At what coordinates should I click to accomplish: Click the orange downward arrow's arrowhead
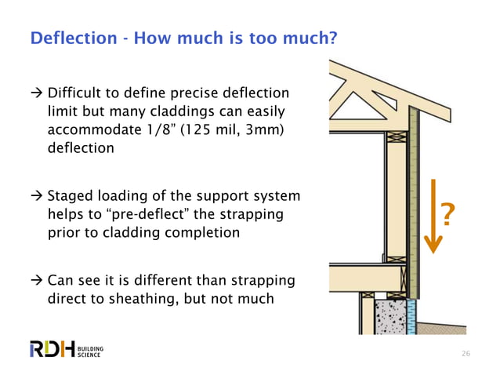pos(434,244)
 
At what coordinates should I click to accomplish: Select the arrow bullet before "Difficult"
pos(36,93)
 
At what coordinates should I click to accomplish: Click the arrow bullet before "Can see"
pos(36,279)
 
